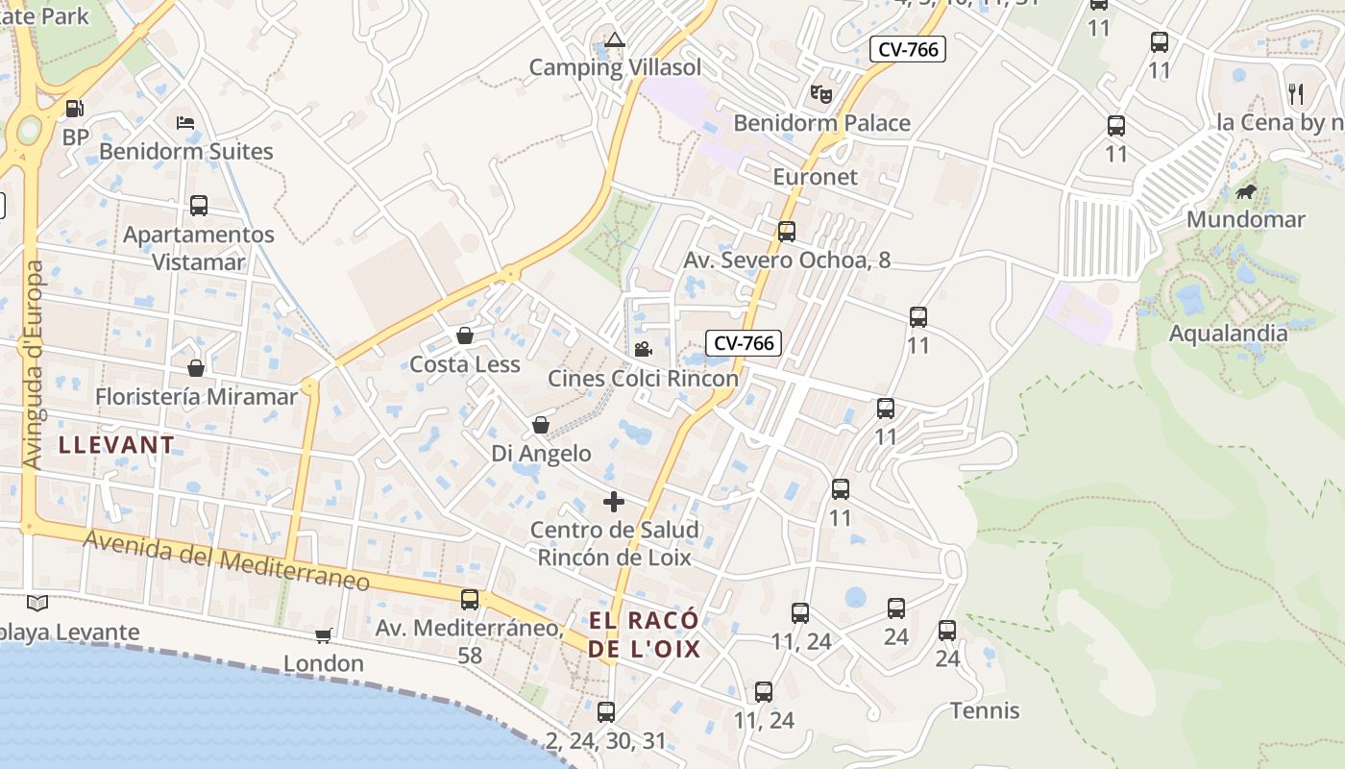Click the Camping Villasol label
pos(615,67)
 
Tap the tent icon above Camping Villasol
pos(615,39)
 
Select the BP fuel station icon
pos(74,109)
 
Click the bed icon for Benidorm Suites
pos(185,123)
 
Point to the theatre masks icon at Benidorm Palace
pos(820,94)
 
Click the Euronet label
pos(815,177)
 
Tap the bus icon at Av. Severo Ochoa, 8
pos(787,231)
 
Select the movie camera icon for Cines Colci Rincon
pos(643,349)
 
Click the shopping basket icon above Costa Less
pos(465,335)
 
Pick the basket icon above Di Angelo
pos(541,425)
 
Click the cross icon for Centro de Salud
pos(614,502)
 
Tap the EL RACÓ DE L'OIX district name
pos(644,634)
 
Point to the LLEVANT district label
pos(116,445)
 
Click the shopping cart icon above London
pos(324,635)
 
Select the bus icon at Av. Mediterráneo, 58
pos(470,600)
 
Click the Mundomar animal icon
pos(1246,192)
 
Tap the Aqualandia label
pos(1228,334)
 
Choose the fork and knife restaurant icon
pos(1296,93)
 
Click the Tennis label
pos(985,711)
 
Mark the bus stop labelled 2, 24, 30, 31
pos(606,712)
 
